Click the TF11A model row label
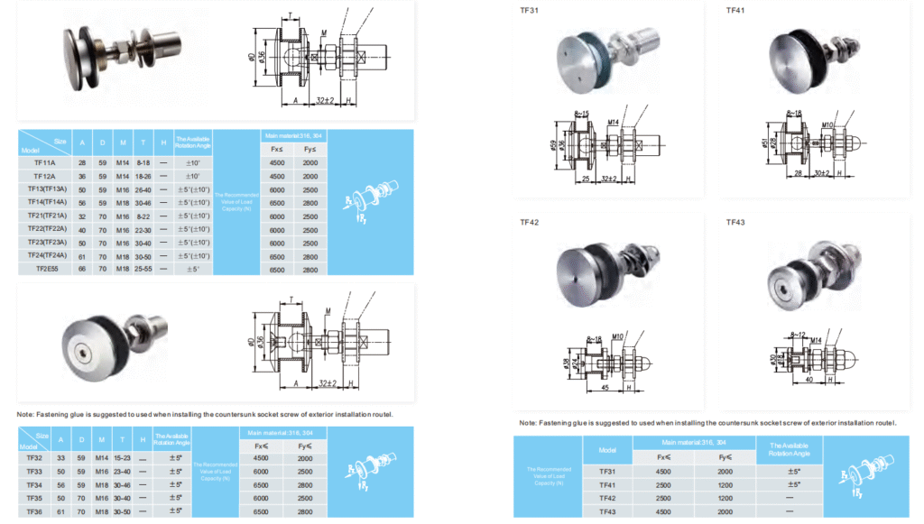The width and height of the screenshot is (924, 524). (45, 163)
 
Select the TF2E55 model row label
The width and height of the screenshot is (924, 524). (45, 269)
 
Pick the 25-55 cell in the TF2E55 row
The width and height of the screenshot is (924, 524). (144, 269)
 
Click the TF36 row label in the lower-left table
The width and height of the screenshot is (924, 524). (34, 510)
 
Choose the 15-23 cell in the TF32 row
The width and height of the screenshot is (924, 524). (123, 458)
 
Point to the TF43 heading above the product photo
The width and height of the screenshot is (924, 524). (736, 222)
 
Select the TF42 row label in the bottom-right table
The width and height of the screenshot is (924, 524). (607, 498)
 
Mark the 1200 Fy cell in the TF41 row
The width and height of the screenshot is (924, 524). (725, 484)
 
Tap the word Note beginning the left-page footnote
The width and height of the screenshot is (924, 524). (27, 414)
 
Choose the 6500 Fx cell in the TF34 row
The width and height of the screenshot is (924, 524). (261, 484)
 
